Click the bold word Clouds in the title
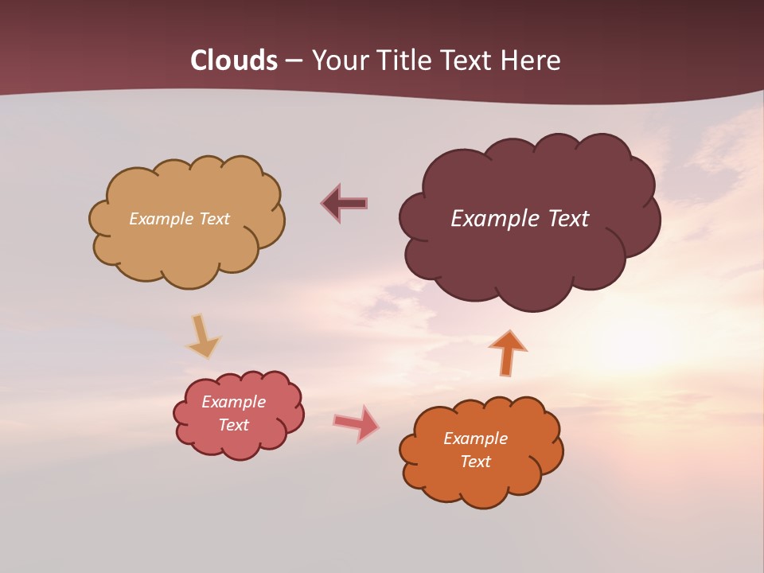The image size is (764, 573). click(234, 60)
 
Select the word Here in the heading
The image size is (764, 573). click(532, 60)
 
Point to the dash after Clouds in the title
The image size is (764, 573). click(294, 61)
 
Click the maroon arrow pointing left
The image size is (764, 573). click(345, 203)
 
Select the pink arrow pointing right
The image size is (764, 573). click(356, 423)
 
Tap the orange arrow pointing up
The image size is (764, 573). click(508, 353)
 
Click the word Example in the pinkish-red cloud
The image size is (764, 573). click(233, 402)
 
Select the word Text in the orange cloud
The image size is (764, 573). click(475, 462)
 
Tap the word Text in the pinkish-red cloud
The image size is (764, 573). click(233, 425)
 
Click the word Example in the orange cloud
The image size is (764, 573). click(475, 439)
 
